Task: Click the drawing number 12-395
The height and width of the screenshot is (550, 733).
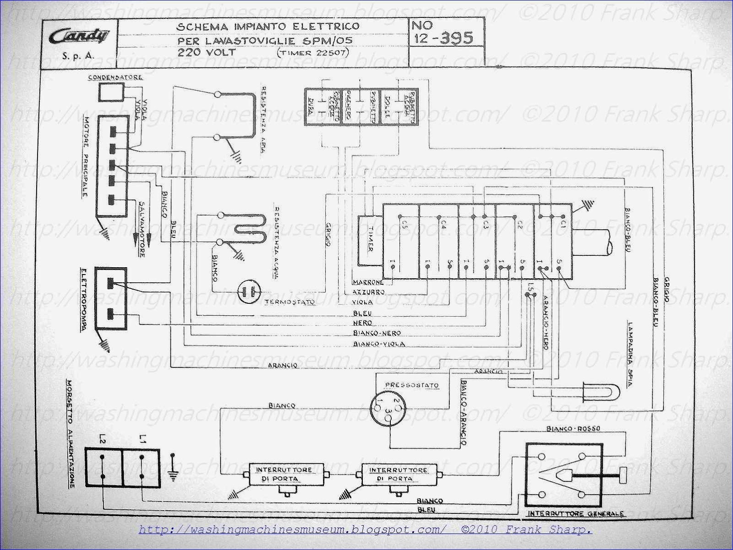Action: click(x=443, y=38)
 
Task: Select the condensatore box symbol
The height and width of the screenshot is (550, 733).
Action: click(x=111, y=93)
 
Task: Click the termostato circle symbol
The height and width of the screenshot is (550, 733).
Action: click(x=248, y=291)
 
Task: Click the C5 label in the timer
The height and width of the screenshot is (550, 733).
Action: click(x=404, y=225)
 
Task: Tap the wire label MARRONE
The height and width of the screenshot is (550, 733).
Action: click(x=368, y=282)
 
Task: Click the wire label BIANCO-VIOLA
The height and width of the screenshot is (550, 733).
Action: click(x=379, y=344)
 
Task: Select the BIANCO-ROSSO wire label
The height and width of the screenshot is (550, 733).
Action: click(x=573, y=429)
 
